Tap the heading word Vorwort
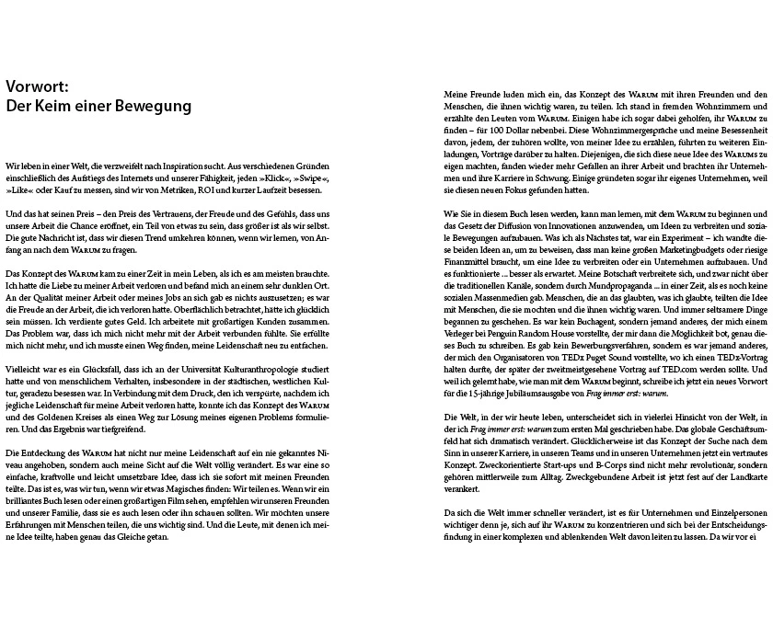click(35, 86)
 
